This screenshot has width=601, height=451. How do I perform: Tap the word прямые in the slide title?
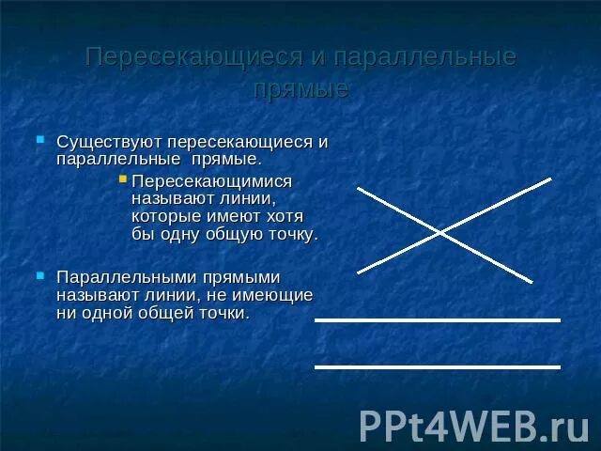pos(300,89)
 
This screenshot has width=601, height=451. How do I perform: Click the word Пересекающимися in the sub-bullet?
pos(212,179)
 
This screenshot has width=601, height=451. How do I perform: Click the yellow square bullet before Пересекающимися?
pos(123,177)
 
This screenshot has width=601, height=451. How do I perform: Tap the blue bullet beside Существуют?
pos(40,139)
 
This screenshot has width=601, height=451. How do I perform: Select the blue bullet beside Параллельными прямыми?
pos(40,274)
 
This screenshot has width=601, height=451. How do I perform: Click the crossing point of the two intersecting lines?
pos(439,231)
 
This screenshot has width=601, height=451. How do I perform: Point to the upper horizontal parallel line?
pos(437,320)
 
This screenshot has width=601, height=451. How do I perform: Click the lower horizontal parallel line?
pos(437,366)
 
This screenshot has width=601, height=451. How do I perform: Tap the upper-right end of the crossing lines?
pos(550,179)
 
